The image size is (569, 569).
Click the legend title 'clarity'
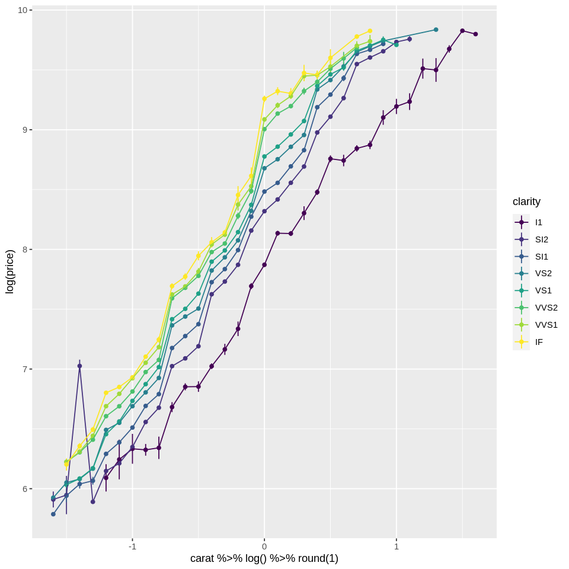point(526,202)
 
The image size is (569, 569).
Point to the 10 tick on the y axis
point(22,10)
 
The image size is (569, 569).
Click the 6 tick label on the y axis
point(24,489)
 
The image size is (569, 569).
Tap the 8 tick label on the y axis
point(24,250)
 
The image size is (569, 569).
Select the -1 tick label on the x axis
point(132,546)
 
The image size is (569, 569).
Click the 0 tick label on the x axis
point(264,546)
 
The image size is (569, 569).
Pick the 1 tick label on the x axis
point(397,546)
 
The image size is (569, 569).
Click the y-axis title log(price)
point(9,271)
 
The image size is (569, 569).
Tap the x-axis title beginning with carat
point(264,558)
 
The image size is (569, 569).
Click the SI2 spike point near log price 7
point(79,366)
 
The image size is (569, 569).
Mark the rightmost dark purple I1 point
point(475,34)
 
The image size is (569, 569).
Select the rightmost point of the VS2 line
point(436,30)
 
